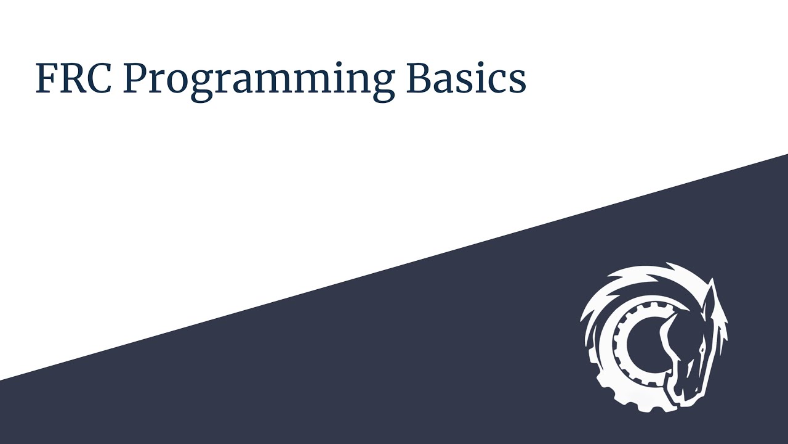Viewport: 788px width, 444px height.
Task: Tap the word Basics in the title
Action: pyautogui.click(x=466, y=78)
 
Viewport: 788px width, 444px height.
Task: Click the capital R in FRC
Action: pyautogui.click(x=71, y=78)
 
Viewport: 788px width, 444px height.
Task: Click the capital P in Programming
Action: pyautogui.click(x=135, y=78)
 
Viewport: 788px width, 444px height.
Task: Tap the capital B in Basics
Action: pyautogui.click(x=419, y=78)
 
